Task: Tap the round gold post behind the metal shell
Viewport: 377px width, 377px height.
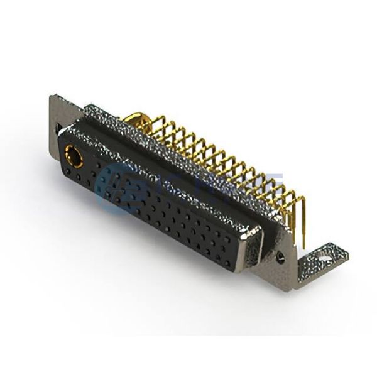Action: point(133,119)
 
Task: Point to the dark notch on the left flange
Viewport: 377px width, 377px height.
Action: point(58,127)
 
